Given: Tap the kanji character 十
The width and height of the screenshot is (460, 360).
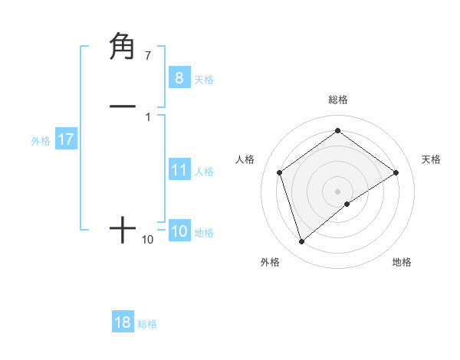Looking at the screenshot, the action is (x=123, y=230).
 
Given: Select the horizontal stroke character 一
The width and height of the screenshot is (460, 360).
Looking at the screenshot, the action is (x=123, y=106).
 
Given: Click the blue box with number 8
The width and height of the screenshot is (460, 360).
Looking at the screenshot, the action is (x=179, y=77).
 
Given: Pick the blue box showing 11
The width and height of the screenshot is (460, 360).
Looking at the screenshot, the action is (x=179, y=170).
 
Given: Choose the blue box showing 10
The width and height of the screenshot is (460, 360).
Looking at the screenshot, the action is (x=179, y=231).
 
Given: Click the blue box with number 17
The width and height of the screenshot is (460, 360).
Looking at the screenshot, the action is (x=65, y=139).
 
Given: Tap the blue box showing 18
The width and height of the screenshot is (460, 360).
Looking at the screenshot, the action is (x=123, y=322).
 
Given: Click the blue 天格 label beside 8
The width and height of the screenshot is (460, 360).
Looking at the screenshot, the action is (x=203, y=79).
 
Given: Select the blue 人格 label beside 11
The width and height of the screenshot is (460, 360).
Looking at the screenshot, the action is (x=205, y=172).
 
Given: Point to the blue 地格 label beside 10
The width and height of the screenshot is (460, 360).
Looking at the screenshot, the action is (x=204, y=233).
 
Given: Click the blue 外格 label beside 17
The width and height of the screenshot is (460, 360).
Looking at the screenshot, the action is (x=41, y=141).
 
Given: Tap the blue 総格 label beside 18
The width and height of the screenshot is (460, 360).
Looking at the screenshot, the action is (x=147, y=324).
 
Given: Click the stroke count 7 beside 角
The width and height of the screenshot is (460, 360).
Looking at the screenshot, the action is (x=147, y=56).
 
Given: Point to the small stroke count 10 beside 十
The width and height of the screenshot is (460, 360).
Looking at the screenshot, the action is (x=147, y=240).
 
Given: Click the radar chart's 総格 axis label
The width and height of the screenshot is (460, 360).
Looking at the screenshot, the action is (x=337, y=100).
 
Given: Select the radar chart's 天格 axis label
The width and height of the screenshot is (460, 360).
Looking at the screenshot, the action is (x=431, y=159).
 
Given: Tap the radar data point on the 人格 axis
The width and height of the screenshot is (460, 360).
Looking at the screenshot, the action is (x=280, y=172).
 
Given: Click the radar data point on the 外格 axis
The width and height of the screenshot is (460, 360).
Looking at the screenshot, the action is (x=302, y=242).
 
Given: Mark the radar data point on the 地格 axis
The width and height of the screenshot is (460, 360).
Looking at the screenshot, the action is (x=347, y=204).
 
